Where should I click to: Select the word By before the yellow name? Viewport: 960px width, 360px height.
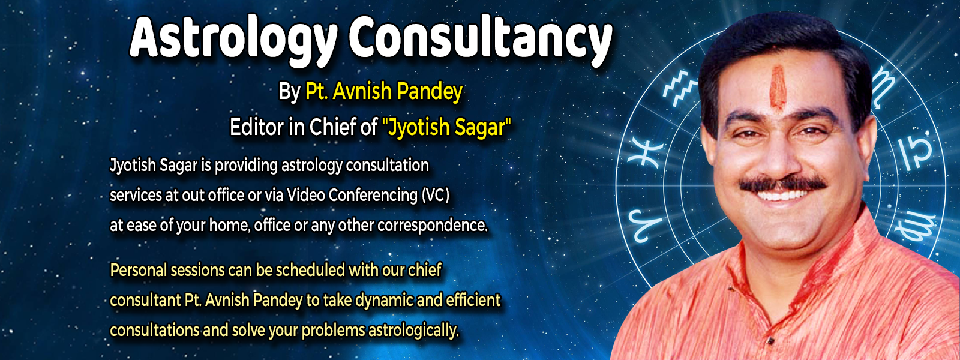coord(289,92)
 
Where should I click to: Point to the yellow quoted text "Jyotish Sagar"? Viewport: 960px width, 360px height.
coord(446,128)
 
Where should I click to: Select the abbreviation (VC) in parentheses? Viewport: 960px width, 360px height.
coord(436,196)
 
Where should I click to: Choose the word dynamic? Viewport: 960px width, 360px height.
coord(379,301)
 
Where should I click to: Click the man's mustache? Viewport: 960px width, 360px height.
coord(782,184)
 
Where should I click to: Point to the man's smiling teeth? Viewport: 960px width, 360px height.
coord(782,196)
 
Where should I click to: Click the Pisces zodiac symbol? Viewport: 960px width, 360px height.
coord(646,152)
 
